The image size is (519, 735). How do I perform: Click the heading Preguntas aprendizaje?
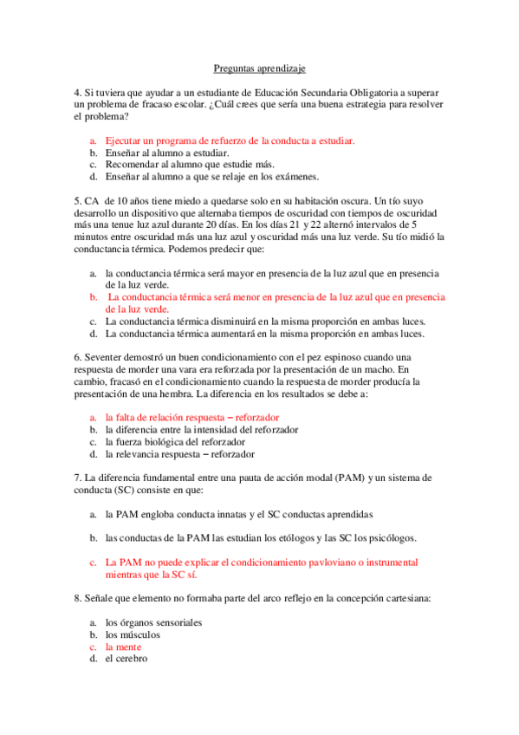coord(259,68)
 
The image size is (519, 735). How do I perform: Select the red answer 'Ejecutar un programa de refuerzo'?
coord(230,140)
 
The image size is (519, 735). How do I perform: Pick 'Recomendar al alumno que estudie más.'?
coord(189,164)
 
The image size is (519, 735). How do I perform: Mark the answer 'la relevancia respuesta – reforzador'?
coord(179,453)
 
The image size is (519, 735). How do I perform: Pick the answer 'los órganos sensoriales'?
coord(153,622)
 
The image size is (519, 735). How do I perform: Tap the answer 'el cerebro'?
coord(127,659)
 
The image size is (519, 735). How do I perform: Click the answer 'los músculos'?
coord(133,634)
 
